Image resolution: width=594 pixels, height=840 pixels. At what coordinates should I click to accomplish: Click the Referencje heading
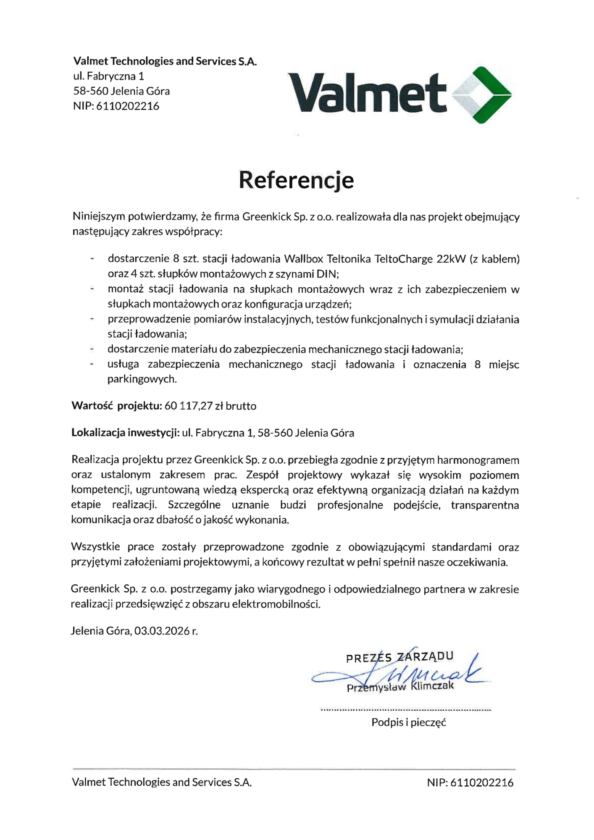tap(296, 180)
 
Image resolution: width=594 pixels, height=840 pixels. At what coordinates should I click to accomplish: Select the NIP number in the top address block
tap(128, 106)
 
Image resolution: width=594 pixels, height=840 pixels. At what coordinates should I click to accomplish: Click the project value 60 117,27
tap(189, 406)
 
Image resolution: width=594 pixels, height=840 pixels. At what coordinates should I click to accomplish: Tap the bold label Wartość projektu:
tap(117, 406)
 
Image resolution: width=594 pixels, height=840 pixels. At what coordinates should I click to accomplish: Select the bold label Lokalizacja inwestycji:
tap(125, 433)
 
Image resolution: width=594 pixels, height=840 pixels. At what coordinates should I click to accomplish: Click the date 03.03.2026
tap(162, 631)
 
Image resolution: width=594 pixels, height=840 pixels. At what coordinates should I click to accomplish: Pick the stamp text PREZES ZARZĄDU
tap(400, 657)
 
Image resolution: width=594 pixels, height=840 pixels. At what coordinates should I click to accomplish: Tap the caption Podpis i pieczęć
tap(408, 722)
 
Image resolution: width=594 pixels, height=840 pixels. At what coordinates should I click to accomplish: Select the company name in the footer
tap(162, 782)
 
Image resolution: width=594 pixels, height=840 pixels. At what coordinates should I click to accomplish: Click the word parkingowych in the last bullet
tap(142, 379)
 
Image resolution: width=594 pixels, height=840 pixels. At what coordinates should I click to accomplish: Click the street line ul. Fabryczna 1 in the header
tap(109, 76)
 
